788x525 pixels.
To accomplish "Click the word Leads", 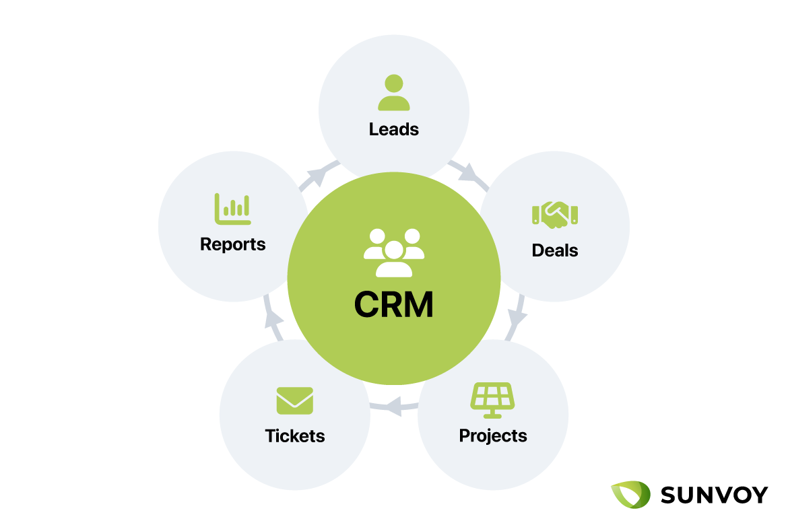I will pos(394,129).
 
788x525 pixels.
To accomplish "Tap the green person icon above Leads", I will pos(394,93).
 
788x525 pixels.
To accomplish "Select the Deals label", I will pos(555,250).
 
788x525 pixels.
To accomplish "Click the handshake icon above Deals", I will pos(555,214).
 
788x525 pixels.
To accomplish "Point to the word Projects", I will pos(493,435).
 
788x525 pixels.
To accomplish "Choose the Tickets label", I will pos(295,435).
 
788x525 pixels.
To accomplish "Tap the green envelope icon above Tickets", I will pos(295,400).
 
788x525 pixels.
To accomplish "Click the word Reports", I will pos(233,244).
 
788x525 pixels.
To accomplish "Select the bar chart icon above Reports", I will pos(232,209).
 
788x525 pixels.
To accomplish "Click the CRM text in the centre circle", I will pos(394,304).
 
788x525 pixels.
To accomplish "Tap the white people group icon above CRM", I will pos(394,253).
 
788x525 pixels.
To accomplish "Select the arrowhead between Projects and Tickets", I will pos(393,405).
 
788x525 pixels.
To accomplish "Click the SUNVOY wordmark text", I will pos(714,495).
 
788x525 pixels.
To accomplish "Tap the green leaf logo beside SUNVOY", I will pos(631,495).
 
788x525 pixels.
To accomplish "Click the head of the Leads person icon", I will pos(394,84).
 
